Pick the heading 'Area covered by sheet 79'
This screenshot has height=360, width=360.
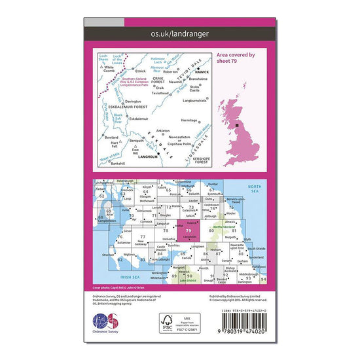tap(236, 59)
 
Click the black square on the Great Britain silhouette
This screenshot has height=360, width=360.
tap(238, 126)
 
